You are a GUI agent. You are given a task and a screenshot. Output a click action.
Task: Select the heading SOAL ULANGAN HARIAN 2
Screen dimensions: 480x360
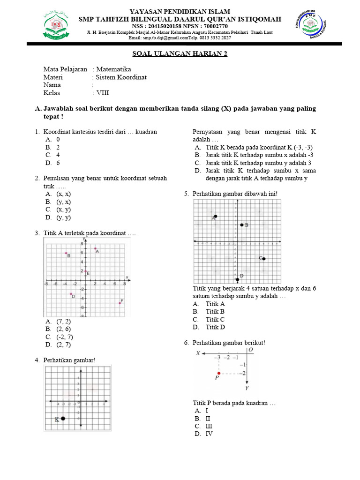click(x=180, y=54)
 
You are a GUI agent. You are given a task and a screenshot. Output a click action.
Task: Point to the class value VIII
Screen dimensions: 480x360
click(x=103, y=93)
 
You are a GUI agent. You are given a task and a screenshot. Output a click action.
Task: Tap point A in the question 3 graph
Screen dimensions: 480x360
click(x=95, y=248)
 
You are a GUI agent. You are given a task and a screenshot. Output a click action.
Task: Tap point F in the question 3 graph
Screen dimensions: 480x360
click(x=120, y=303)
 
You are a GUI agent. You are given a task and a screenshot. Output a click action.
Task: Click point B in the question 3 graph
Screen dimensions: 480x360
click(x=66, y=253)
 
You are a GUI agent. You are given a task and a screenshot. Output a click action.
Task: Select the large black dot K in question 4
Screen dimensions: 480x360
click(x=63, y=419)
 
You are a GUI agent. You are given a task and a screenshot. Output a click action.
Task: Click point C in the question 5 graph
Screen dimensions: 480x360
click(x=264, y=259)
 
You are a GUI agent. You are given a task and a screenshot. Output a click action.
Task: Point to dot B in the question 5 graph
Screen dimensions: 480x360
click(x=241, y=225)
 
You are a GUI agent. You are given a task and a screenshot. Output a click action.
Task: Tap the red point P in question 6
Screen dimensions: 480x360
click(x=218, y=373)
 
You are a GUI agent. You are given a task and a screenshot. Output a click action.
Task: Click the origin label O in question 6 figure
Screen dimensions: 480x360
click(x=251, y=350)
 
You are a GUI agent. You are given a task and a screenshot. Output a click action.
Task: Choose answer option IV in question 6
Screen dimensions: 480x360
click(x=209, y=434)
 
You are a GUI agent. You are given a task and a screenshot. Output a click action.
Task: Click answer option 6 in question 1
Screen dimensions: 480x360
click(x=58, y=163)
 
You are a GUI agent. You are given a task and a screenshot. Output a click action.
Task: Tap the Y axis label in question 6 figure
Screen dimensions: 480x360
click(x=247, y=388)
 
